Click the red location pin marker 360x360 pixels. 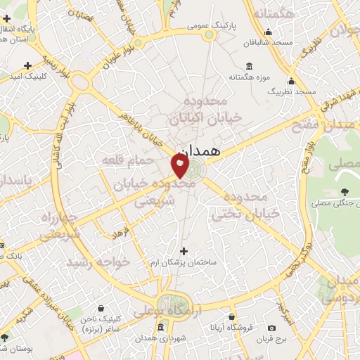pos(180,167)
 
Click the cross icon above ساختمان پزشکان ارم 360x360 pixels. pos(184,250)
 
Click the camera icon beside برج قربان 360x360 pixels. pos(272,328)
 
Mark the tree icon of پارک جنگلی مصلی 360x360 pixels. pos(344,192)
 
